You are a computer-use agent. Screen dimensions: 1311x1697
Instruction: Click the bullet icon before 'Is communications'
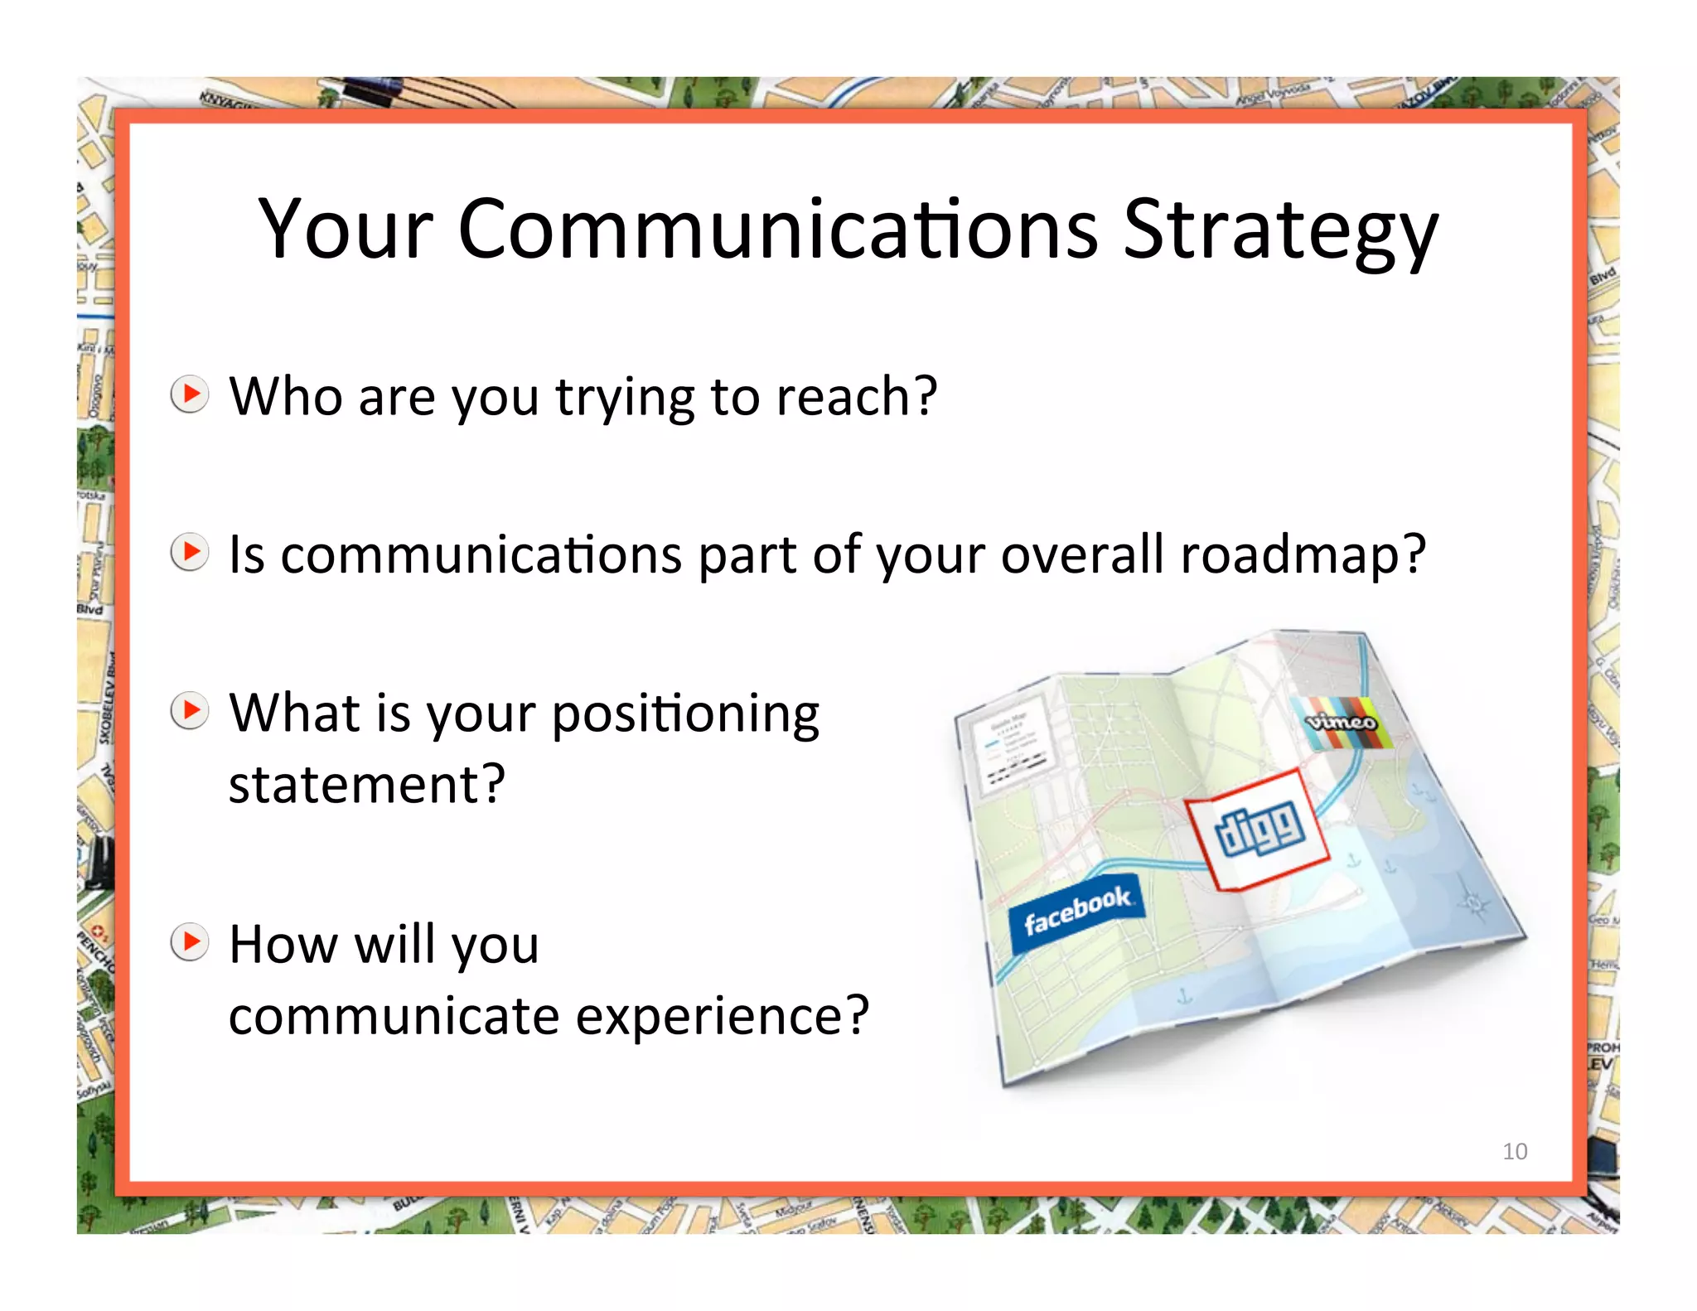pos(190,552)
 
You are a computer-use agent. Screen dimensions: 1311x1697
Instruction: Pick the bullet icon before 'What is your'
pos(190,710)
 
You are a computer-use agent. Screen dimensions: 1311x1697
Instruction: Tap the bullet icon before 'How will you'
pos(190,942)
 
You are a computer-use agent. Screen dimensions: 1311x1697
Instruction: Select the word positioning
pos(684,714)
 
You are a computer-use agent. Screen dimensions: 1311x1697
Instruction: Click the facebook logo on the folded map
pos(1076,909)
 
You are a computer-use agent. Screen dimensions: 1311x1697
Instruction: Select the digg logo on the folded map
pos(1259,828)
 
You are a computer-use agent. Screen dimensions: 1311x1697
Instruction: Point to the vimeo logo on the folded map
pos(1341,722)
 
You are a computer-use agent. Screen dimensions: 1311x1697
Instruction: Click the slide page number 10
pos(1514,1151)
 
